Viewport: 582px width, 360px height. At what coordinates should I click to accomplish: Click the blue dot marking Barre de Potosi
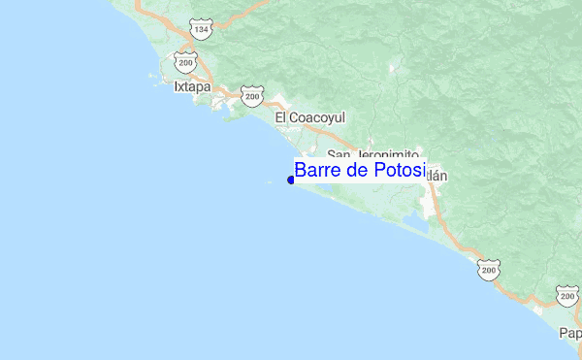pos(291,180)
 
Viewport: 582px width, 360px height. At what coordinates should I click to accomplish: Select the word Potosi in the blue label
pos(400,171)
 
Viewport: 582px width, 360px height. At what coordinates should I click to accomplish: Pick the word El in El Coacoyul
pos(280,117)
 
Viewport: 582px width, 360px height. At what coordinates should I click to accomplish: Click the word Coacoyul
pos(317,117)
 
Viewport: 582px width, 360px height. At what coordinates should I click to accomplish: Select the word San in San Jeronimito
pos(338,154)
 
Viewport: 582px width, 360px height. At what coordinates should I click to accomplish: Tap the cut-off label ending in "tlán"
pos(437,177)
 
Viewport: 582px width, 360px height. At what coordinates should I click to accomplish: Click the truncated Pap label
pos(570,333)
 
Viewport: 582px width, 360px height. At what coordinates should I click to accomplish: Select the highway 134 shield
pos(201,30)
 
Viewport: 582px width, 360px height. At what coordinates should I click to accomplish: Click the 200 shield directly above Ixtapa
pos(185,63)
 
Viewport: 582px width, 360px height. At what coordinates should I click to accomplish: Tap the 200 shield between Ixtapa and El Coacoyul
pos(251,97)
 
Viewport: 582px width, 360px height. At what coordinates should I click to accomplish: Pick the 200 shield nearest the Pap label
pos(568,295)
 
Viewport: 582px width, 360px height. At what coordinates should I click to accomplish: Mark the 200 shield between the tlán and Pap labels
pos(488,269)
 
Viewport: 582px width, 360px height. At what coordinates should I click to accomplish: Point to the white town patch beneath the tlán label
pos(430,204)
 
